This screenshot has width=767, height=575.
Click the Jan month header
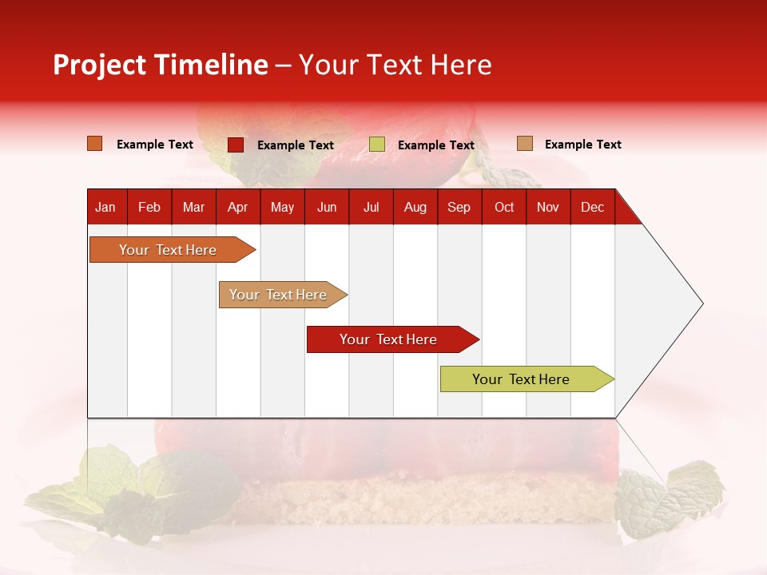(105, 207)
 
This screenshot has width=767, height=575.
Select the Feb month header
(149, 207)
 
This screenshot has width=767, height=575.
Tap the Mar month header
(193, 207)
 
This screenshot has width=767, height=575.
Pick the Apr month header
(237, 207)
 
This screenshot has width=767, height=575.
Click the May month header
(282, 207)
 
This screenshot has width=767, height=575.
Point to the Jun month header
(327, 207)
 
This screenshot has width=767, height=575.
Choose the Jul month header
(371, 207)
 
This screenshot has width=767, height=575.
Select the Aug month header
(415, 207)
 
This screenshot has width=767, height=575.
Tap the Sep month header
(459, 207)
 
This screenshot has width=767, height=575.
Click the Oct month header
(504, 207)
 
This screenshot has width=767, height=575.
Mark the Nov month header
(548, 207)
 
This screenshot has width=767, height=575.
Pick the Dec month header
(593, 207)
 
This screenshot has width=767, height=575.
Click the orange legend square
(94, 144)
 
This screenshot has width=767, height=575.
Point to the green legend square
(377, 145)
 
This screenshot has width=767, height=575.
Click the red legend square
(236, 145)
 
